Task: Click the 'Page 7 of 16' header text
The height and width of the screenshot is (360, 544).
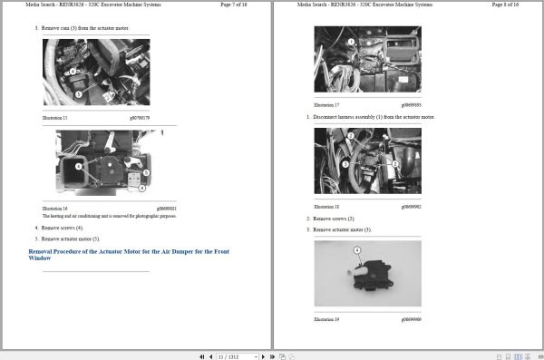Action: [x=233, y=5]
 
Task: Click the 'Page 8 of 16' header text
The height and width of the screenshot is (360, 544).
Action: [x=504, y=5]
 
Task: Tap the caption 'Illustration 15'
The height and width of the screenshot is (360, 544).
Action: [x=56, y=117]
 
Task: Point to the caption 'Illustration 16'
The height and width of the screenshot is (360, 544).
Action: [x=56, y=207]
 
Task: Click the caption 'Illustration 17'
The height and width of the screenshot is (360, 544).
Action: [x=326, y=104]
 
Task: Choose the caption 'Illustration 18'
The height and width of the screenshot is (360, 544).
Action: [x=326, y=207]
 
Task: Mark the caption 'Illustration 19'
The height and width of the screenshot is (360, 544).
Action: [x=326, y=319]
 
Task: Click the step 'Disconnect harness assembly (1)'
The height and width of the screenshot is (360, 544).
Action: [x=374, y=117]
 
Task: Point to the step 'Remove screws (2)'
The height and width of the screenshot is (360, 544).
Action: [x=334, y=219]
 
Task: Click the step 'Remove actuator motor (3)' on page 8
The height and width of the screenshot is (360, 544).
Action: [x=342, y=229]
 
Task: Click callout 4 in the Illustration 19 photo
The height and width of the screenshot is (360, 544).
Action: [x=356, y=249]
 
